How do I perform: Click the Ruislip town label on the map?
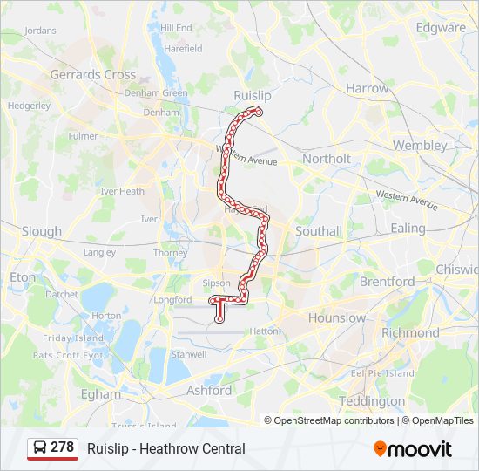253,94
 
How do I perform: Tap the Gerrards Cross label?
92,75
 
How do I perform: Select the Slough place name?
42,231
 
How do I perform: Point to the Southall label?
319,231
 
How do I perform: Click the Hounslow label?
337,317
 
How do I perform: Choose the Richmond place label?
410,332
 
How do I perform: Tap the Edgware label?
441,27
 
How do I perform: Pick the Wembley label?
420,145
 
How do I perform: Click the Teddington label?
372,401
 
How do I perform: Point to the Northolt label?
327,159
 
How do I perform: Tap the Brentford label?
387,282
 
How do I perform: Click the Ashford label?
209,391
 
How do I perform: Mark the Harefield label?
183,49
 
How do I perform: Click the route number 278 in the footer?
62,447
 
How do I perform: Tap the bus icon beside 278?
40,447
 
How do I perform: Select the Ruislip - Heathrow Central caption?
165,449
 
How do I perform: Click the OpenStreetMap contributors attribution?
334,420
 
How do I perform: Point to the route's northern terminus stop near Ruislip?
258,112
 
